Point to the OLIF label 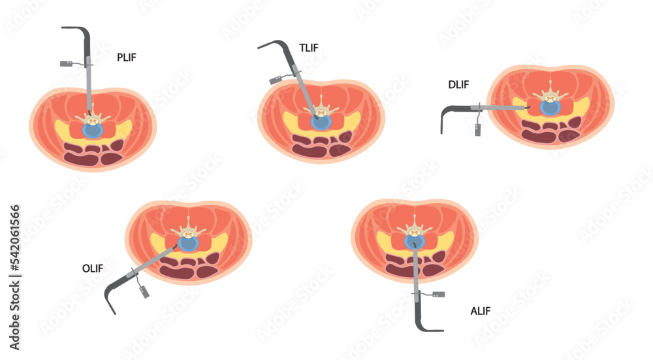[x=92, y=268]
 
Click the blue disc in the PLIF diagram [x=93, y=130]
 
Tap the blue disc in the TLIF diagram [x=320, y=122]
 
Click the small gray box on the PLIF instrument [x=66, y=63]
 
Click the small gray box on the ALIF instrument [x=439, y=294]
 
